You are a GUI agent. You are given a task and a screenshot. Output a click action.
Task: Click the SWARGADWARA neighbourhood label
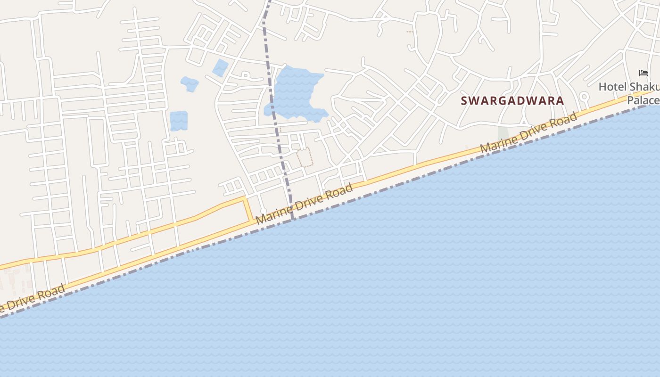point(512,100)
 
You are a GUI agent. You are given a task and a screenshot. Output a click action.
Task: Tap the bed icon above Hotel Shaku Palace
point(643,73)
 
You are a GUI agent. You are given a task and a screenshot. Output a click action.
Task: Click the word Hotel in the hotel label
point(613,87)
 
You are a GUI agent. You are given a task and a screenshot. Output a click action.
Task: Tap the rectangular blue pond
point(178,121)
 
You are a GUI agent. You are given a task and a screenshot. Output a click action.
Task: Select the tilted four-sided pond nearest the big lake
point(220,68)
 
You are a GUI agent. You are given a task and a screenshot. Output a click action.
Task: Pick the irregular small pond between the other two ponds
point(190,84)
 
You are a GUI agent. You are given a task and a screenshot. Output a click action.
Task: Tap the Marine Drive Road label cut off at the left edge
point(31,299)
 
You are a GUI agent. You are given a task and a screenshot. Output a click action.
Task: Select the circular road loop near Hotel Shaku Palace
point(584,97)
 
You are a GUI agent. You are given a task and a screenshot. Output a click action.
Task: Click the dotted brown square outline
point(305,157)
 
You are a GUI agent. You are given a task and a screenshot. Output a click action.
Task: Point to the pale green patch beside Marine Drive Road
point(503,133)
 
